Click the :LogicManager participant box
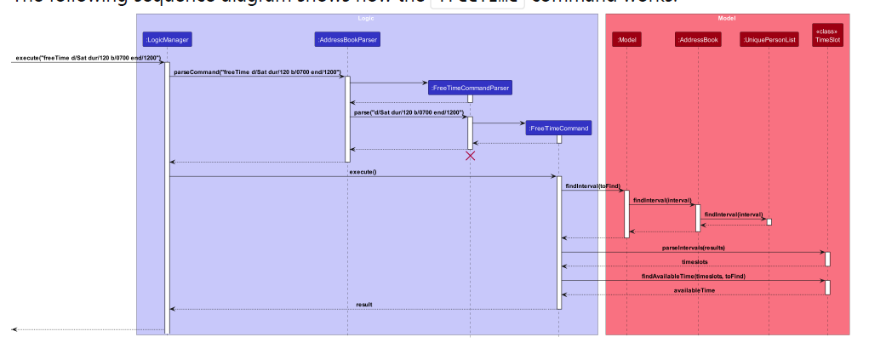pyautogui.click(x=168, y=39)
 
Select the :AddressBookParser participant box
pyautogui.click(x=347, y=39)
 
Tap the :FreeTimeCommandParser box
pyautogui.click(x=470, y=87)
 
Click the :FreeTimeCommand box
pyautogui.click(x=558, y=129)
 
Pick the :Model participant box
pyautogui.click(x=626, y=39)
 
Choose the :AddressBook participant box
pyautogui.click(x=698, y=39)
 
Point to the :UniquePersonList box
pyautogui.click(x=769, y=39)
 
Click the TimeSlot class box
pyautogui.click(x=827, y=35)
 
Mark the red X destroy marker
pyautogui.click(x=470, y=156)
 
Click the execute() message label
pyautogui.click(x=363, y=172)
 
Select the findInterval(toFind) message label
pyautogui.click(x=593, y=186)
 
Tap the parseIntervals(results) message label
pyautogui.click(x=694, y=248)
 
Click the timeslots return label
pyautogui.click(x=695, y=262)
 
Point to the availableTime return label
pyautogui.click(x=695, y=290)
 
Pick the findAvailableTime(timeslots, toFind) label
pyautogui.click(x=694, y=276)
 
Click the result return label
pyautogui.click(x=364, y=304)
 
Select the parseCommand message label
pyautogui.click(x=257, y=72)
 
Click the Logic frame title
pyautogui.click(x=367, y=18)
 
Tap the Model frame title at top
pyautogui.click(x=727, y=18)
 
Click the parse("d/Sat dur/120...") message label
pyautogui.click(x=409, y=112)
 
